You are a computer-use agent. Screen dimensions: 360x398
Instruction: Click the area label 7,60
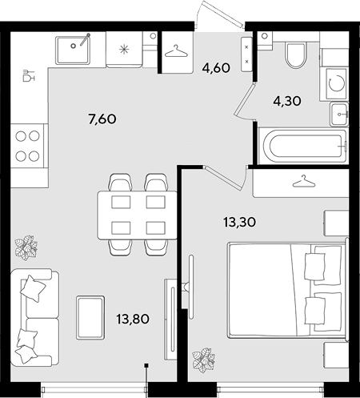click(x=102, y=119)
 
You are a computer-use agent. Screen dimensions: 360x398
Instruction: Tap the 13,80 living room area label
click(x=133, y=319)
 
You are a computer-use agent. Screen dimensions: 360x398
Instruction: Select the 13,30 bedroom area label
click(x=240, y=222)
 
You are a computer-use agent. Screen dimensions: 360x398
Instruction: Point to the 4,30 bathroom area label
click(x=287, y=101)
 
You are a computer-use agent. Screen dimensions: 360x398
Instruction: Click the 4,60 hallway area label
click(x=216, y=68)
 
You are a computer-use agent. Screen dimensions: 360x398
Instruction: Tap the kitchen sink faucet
click(x=85, y=39)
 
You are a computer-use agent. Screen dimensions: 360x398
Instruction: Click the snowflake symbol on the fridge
click(x=124, y=50)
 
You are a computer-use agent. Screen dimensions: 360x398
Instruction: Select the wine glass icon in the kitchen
click(x=29, y=75)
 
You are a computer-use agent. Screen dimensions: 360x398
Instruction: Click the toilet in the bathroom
click(x=294, y=55)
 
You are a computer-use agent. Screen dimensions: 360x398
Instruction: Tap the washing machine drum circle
click(x=337, y=83)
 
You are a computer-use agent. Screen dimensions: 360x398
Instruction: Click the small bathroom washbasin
click(x=339, y=114)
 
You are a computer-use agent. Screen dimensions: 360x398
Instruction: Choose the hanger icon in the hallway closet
click(x=176, y=51)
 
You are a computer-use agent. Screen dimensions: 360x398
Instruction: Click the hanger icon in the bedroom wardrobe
click(x=304, y=181)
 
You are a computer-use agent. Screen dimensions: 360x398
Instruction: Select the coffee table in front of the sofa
click(x=90, y=317)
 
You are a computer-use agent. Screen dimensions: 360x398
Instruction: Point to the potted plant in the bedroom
click(x=204, y=360)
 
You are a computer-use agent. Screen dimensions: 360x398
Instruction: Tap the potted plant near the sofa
click(x=26, y=247)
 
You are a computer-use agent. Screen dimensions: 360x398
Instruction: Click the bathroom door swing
click(x=245, y=100)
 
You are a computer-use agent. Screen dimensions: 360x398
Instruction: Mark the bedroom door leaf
click(x=223, y=177)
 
